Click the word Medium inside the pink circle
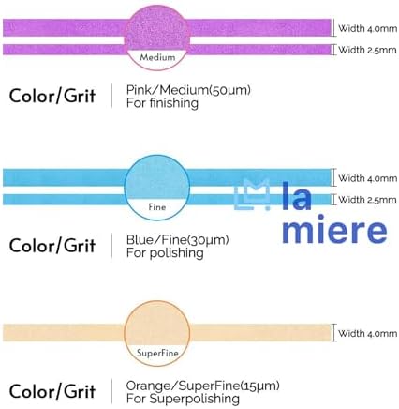pyautogui.click(x=157, y=57)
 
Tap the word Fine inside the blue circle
pyautogui.click(x=157, y=207)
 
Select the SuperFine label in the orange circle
pyautogui.click(x=157, y=354)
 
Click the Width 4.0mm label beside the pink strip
pyautogui.click(x=368, y=28)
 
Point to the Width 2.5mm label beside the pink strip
pyautogui.click(x=367, y=50)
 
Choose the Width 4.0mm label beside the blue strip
pyautogui.click(x=368, y=178)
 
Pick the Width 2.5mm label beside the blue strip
pyautogui.click(x=367, y=200)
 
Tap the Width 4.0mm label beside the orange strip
pyautogui.click(x=368, y=333)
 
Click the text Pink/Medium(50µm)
pyautogui.click(x=188, y=90)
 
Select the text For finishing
pyautogui.click(x=162, y=103)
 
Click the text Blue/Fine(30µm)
pyautogui.click(x=178, y=240)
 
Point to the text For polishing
pyautogui.click(x=165, y=253)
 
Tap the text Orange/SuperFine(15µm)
pyautogui.click(x=203, y=386)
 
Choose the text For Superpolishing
pyautogui.click(x=183, y=399)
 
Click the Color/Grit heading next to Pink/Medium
pyautogui.click(x=52, y=96)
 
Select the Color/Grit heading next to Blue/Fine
pyautogui.click(x=52, y=246)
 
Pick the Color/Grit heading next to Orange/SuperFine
pyautogui.click(x=52, y=391)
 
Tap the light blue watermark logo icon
pyautogui.click(x=252, y=194)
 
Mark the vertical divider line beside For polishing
pyautogui.click(x=111, y=246)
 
